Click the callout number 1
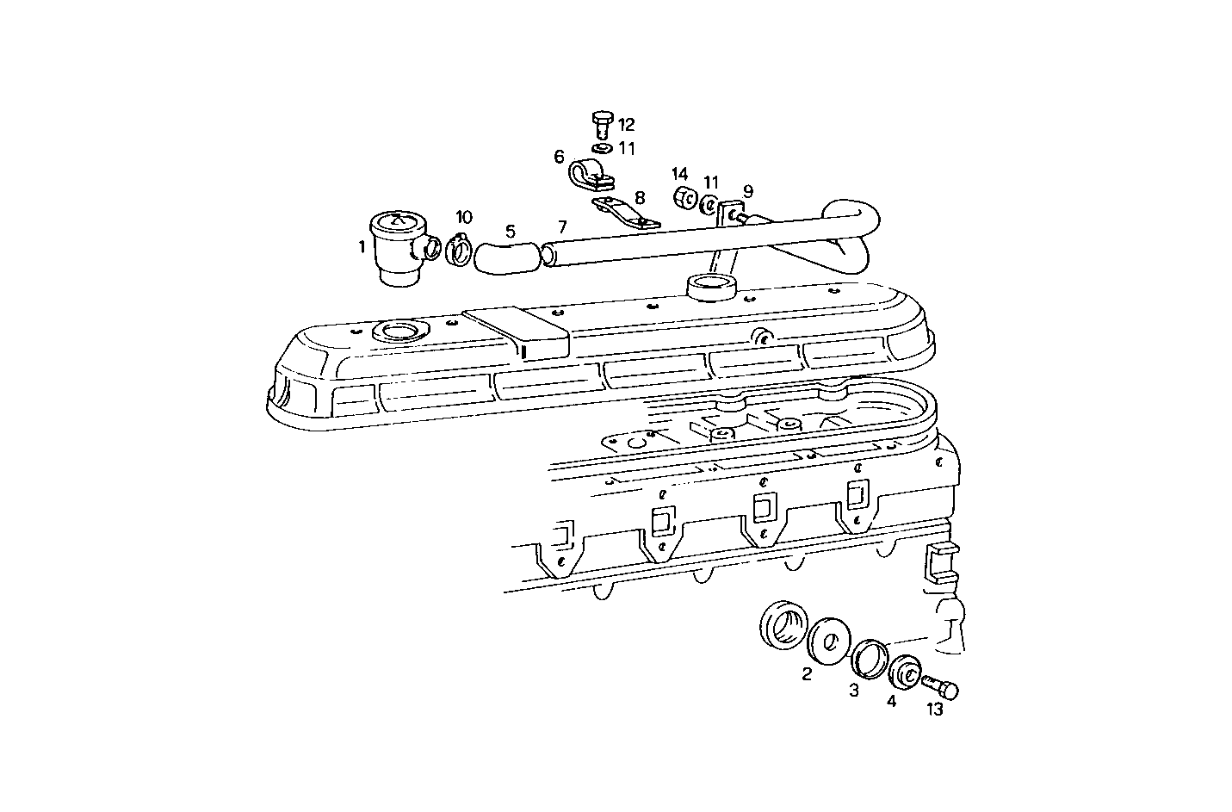point(362,247)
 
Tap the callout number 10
point(464,217)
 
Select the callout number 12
point(626,124)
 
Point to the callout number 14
point(680,172)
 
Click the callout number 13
point(934,710)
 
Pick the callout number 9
point(747,190)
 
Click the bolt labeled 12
point(601,124)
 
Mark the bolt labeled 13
point(938,688)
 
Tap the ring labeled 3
point(868,659)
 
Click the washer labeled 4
point(905,673)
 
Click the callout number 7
point(561,227)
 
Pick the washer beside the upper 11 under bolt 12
point(601,148)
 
